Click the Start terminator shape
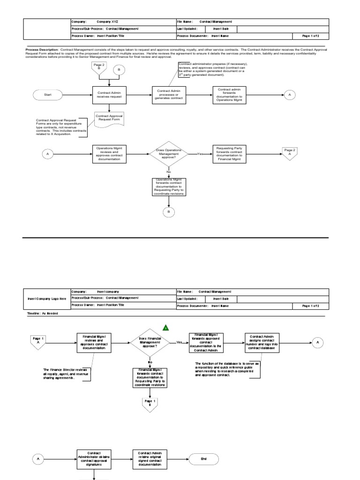click(x=48, y=95)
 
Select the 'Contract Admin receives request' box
click(x=109, y=95)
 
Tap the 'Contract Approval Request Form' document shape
click(x=109, y=118)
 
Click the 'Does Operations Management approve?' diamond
click(x=169, y=154)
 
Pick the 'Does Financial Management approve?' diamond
click(x=150, y=343)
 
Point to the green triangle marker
click(x=165, y=328)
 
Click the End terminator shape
click(x=203, y=458)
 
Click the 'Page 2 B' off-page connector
click(x=99, y=68)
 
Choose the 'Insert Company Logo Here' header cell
click(x=46, y=298)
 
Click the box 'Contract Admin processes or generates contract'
click(x=169, y=95)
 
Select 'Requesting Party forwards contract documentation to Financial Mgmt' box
click(x=229, y=154)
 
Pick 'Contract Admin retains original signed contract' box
click(x=150, y=458)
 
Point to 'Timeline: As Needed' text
click(x=43, y=313)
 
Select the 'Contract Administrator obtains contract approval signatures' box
click(x=94, y=458)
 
